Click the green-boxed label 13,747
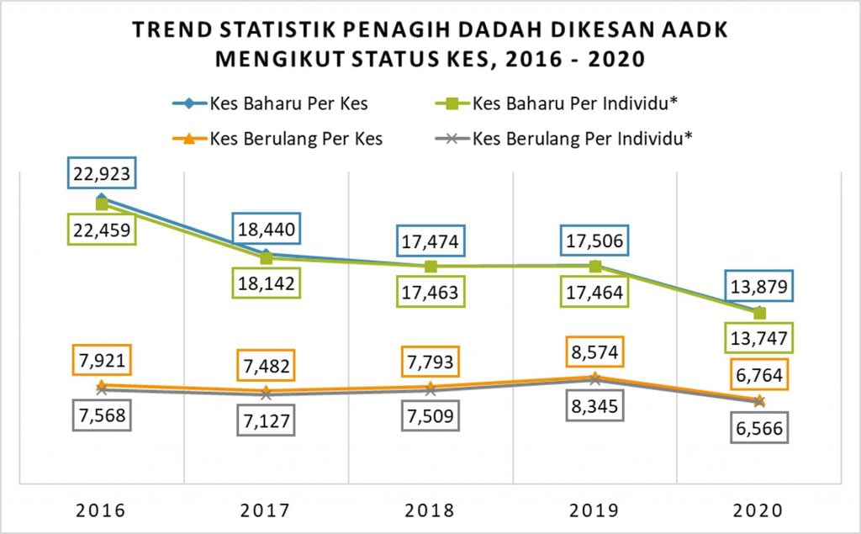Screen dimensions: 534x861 click(760, 339)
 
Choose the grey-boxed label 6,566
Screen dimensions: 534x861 click(760, 428)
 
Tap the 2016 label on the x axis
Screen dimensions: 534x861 click(102, 510)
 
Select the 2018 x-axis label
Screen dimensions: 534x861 click(430, 510)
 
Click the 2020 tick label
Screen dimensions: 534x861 click(760, 510)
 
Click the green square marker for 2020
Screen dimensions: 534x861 click(760, 313)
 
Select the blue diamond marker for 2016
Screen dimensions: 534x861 click(102, 198)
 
